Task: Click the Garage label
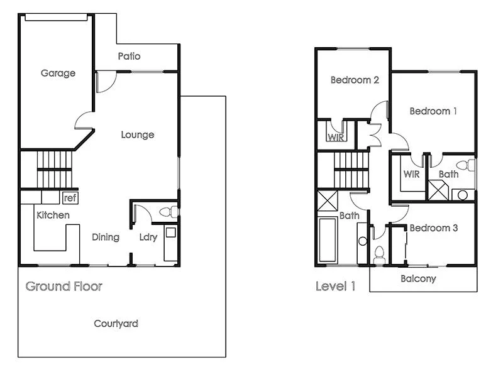pyautogui.click(x=58, y=73)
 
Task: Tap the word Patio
pyautogui.click(x=129, y=57)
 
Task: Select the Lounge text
pyautogui.click(x=137, y=134)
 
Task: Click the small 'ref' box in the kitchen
pyautogui.click(x=70, y=198)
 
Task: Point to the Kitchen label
pyautogui.click(x=53, y=216)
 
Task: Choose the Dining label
pyautogui.click(x=106, y=237)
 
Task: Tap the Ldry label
pyautogui.click(x=148, y=237)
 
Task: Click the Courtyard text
pyautogui.click(x=116, y=324)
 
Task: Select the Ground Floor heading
pyautogui.click(x=64, y=287)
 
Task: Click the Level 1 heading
pyautogui.click(x=335, y=287)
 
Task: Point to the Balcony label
pyautogui.click(x=418, y=278)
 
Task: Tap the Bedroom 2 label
pyautogui.click(x=355, y=80)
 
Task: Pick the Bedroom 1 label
pyautogui.click(x=433, y=111)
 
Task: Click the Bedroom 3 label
pyautogui.click(x=433, y=228)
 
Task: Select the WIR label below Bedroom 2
pyautogui.click(x=336, y=137)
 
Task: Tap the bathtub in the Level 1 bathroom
pyautogui.click(x=328, y=240)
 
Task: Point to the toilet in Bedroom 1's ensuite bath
pyautogui.click(x=464, y=167)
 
